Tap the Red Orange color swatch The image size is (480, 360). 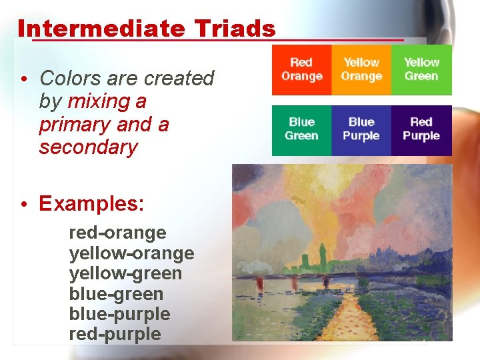[x=301, y=69]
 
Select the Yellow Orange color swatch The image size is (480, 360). [x=361, y=69]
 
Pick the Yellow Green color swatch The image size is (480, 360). [x=421, y=69]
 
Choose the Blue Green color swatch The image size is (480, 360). [x=301, y=129]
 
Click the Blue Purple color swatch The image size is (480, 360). [x=361, y=129]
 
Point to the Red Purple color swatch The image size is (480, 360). [x=421, y=129]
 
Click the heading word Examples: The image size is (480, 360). [x=91, y=203]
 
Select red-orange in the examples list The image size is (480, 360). [x=117, y=233]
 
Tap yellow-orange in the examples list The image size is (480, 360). [x=131, y=253]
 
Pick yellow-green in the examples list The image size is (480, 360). [x=125, y=273]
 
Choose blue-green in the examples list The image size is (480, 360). [x=116, y=293]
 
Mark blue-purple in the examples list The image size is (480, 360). [x=119, y=313]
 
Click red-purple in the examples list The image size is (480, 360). [x=115, y=333]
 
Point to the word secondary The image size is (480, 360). [x=88, y=147]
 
